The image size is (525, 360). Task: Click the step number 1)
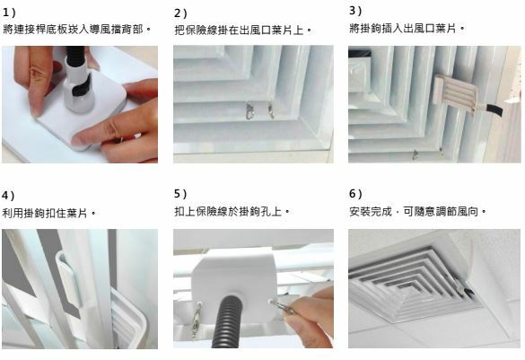9,13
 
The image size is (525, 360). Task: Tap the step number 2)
180,13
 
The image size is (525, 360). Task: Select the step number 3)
355,11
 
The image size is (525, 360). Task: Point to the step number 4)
8,195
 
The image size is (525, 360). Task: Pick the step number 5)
180,194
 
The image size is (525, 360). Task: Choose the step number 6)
355,194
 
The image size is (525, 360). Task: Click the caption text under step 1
77,29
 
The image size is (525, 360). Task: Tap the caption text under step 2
243,31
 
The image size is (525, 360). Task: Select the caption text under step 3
407,28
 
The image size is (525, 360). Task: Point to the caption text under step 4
48,213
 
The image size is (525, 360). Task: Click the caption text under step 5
232,211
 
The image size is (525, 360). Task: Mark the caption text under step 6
417,211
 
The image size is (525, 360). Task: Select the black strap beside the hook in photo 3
494,110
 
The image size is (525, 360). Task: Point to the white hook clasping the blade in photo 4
69,279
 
